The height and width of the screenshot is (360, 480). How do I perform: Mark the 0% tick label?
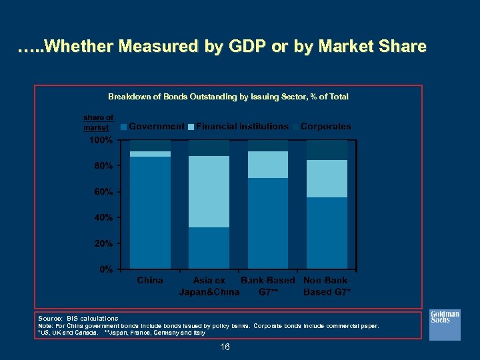[x=105, y=270]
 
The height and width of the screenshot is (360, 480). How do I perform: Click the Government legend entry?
[x=153, y=126]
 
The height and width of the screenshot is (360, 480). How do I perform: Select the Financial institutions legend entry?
[x=238, y=126]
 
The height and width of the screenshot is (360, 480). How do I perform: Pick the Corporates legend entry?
[x=321, y=126]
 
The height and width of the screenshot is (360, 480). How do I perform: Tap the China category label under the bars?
[x=150, y=280]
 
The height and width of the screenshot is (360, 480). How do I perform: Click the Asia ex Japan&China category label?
[x=209, y=286]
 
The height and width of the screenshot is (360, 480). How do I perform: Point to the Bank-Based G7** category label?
[x=267, y=286]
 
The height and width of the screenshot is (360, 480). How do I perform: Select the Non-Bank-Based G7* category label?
[x=327, y=286]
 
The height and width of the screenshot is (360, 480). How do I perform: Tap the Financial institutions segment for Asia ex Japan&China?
[x=209, y=191]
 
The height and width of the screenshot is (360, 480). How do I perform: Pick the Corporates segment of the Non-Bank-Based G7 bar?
[x=327, y=149]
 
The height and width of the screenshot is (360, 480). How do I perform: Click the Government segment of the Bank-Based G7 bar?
[x=267, y=223]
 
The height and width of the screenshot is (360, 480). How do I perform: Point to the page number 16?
[x=225, y=347]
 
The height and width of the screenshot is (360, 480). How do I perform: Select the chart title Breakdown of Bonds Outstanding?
[x=228, y=97]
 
